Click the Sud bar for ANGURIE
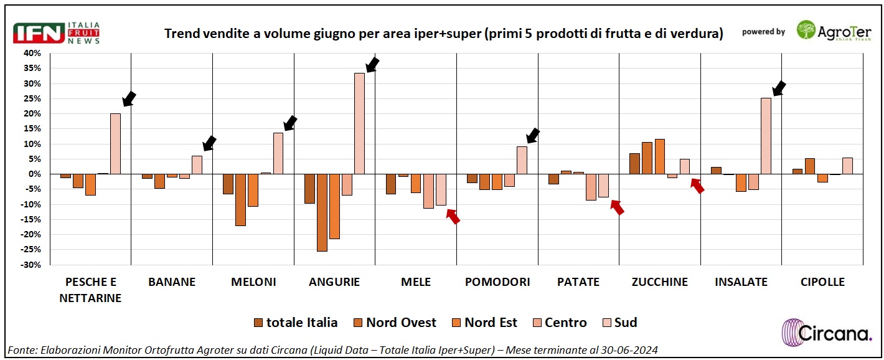tap(360, 123)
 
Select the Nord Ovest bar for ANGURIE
tap(322, 212)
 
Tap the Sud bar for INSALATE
tap(766, 136)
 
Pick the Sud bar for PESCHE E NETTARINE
tap(115, 143)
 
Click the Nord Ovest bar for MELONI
tap(240, 199)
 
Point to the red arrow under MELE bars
tap(453, 216)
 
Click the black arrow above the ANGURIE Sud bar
tap(372, 65)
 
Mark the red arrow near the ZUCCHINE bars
tap(697, 185)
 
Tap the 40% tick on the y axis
tap(32, 54)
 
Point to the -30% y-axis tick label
tap(31, 265)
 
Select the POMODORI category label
tap(497, 282)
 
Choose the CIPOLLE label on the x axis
tap(822, 282)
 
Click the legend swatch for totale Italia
tap(258, 323)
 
